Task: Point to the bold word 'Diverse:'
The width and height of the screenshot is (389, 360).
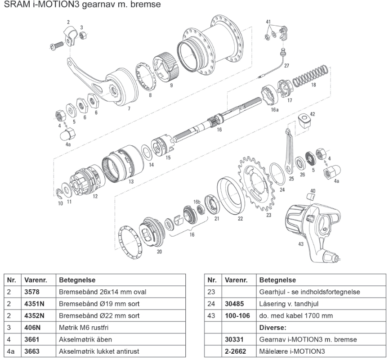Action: click(273, 327)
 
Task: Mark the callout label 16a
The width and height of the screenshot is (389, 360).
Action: click(274, 109)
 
